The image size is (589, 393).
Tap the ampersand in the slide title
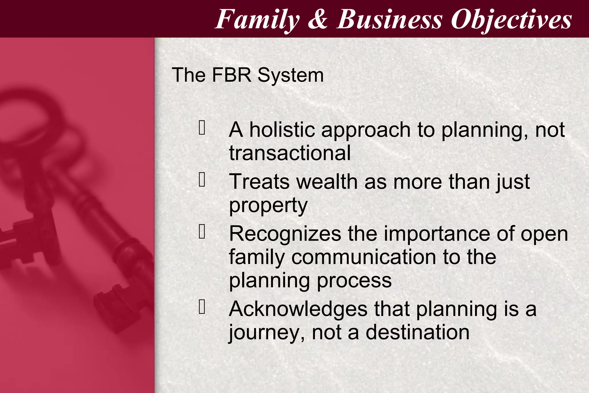[318, 20]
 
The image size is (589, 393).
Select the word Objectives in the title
[511, 20]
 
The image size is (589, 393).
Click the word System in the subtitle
[290, 75]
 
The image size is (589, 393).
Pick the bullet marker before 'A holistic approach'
[202, 128]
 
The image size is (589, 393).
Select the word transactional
[290, 153]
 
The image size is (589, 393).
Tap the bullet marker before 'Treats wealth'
[202, 180]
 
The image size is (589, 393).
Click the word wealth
[327, 182]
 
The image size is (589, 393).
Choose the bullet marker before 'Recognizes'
[202, 232]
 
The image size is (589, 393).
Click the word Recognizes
[285, 234]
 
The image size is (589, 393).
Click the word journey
[266, 333]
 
